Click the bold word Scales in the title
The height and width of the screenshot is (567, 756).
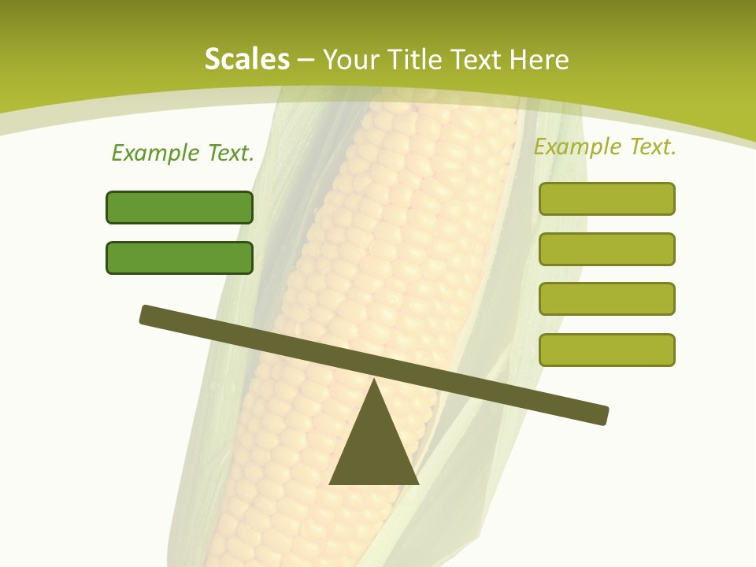(246, 59)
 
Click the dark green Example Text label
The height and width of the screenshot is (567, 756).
(183, 153)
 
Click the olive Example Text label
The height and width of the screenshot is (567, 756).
(605, 146)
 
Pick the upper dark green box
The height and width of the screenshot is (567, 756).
(180, 207)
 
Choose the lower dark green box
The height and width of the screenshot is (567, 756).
(180, 258)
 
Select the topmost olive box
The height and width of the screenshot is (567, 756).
(607, 198)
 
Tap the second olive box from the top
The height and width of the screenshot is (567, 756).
(607, 249)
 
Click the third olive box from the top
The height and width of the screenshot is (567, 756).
(607, 299)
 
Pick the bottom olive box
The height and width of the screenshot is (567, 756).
(607, 350)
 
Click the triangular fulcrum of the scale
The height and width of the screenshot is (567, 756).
(374, 449)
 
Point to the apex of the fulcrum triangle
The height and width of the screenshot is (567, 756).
(374, 381)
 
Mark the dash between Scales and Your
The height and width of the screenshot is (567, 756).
(306, 60)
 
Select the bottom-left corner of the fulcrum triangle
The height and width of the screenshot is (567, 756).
(331, 483)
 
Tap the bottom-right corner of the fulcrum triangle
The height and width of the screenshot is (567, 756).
(417, 483)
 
